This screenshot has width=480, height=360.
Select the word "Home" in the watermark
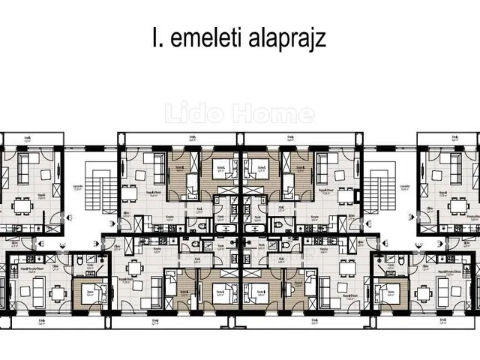282,114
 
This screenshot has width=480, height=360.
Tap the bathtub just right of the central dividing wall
256,225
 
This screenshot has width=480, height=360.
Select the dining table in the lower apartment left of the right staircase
344,267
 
